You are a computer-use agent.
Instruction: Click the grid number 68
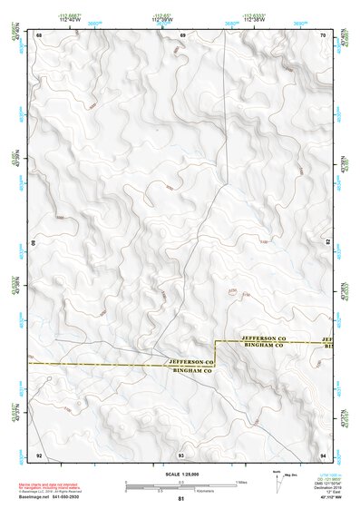point(39,34)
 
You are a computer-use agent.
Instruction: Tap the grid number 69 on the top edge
point(182,34)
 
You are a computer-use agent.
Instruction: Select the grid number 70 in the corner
point(324,34)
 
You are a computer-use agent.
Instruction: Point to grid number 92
point(39,454)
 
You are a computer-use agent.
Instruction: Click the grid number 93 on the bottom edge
point(181,454)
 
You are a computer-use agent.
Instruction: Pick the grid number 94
point(324,454)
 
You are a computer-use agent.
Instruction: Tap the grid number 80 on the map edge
point(36,243)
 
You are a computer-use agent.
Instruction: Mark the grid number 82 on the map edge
point(327,243)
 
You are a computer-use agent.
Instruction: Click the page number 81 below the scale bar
point(181,499)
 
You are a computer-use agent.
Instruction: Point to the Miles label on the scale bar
point(240,481)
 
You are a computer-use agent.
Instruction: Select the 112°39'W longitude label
point(162,19)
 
